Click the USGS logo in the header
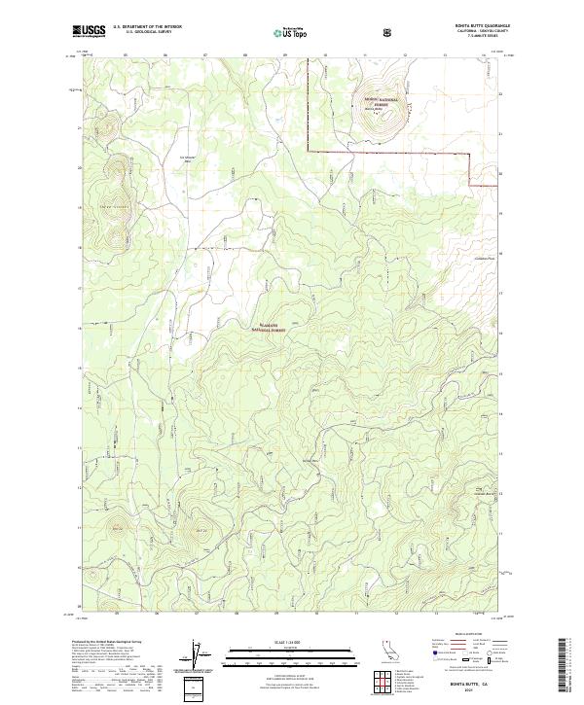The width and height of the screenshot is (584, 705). coord(89,31)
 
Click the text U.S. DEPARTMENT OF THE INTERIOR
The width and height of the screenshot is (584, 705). coord(147,27)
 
